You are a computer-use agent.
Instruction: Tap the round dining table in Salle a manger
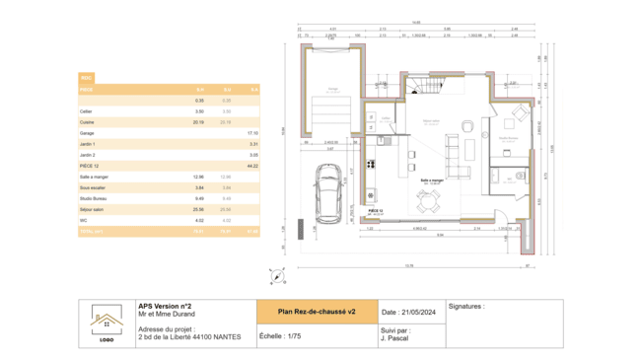429,201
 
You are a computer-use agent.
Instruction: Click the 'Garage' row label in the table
87,132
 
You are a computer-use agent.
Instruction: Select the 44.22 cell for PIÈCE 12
252,166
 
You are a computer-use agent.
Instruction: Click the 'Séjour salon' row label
92,209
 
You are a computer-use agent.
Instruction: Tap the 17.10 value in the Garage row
252,132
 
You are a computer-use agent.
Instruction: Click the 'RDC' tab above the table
87,77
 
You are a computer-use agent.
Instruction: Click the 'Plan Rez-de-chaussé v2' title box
316,312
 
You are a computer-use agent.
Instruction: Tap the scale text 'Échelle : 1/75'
280,335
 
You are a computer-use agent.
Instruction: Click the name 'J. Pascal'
395,340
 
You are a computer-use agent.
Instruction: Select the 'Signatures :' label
466,307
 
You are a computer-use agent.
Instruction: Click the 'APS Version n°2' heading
165,306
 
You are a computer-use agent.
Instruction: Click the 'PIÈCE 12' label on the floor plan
374,210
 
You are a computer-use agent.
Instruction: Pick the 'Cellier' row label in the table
87,111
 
